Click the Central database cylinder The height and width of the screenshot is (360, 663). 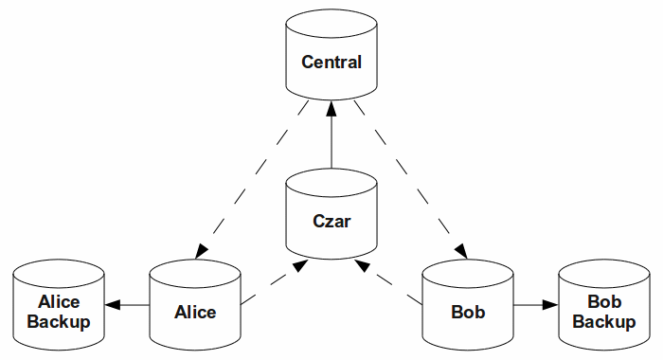331,57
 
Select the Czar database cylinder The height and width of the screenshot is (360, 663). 331,218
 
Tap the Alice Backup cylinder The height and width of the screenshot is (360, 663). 59,306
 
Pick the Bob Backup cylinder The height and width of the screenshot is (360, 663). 604,306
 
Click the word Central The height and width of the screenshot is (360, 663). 331,63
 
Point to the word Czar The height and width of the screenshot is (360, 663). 331,223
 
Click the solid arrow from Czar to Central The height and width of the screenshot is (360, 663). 331,137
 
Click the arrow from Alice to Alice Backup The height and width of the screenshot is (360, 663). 127,305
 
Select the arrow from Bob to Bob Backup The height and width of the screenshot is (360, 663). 536,305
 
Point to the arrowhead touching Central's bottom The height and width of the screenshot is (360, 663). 331,107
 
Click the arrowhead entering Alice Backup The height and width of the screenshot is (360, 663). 111,305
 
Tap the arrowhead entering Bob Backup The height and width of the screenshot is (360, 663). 551,305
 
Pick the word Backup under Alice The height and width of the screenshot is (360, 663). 59,322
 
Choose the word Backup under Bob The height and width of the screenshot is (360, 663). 604,322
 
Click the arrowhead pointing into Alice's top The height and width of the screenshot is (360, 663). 201,251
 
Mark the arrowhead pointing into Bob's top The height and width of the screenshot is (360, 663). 461,251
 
